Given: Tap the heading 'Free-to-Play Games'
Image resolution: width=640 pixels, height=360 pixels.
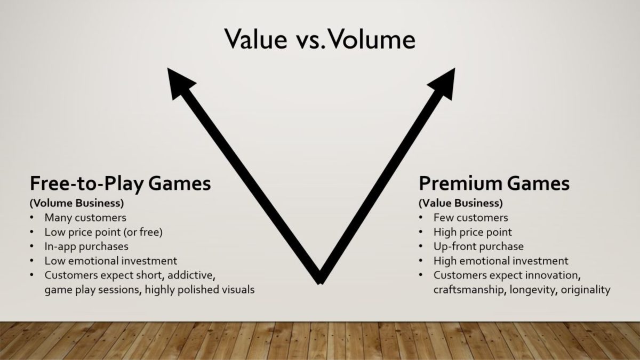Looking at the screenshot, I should tap(121, 183).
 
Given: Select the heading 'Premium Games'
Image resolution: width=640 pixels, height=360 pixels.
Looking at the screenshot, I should tap(494, 183).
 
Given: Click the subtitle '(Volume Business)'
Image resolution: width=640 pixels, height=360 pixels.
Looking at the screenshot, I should tap(77, 203).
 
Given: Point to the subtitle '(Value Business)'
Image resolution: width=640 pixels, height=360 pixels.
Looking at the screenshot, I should tap(460, 203).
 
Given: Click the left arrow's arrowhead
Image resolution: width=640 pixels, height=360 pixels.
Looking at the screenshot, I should tap(179, 80).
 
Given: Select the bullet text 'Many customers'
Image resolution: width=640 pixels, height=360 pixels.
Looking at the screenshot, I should tap(85, 218).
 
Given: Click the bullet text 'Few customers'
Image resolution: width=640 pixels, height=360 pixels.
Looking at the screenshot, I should tap(470, 218).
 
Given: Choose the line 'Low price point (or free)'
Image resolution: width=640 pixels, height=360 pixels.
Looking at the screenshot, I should tap(103, 232).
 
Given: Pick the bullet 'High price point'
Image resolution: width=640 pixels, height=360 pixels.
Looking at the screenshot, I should tap(473, 232).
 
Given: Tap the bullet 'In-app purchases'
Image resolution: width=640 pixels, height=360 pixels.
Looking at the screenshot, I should tap(86, 246).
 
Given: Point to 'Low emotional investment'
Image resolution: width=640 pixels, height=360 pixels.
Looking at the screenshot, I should tap(111, 261).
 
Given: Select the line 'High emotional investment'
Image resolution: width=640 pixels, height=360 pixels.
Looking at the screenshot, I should tap(501, 261).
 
